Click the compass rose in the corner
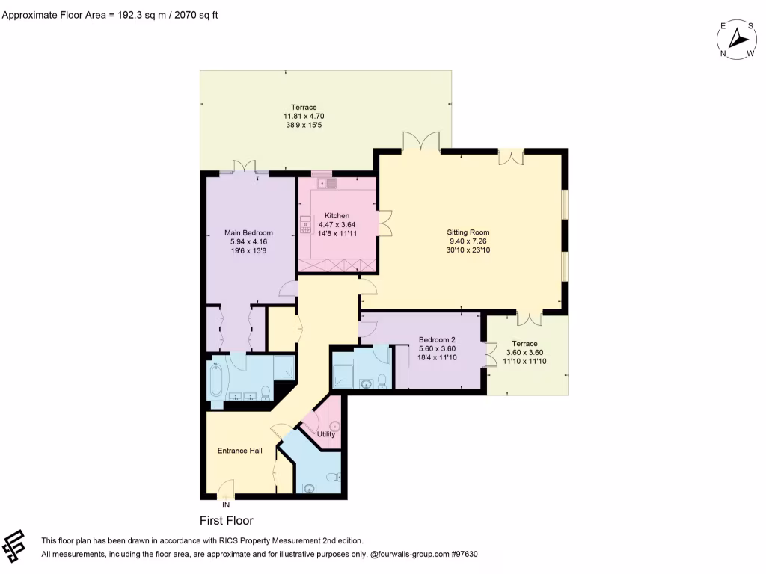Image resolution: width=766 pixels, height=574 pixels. coord(738,40)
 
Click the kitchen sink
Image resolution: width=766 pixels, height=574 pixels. coord(331,183)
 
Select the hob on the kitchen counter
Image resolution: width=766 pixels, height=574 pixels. coord(305,224)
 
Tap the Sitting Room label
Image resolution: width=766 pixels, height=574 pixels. coord(468,232)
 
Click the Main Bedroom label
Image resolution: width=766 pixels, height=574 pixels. coord(248,232)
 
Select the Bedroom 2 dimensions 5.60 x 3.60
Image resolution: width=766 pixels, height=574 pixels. coord(437,348)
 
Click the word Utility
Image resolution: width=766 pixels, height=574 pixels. coord(326,434)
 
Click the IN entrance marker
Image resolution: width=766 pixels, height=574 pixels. coord(226,505)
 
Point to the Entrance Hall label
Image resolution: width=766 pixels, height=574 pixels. coord(239,451)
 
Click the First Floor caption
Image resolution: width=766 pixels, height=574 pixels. coord(226,521)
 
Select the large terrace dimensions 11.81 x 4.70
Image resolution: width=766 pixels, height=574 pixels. coord(303,117)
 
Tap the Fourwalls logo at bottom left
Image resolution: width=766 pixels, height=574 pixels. coord(16,546)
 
